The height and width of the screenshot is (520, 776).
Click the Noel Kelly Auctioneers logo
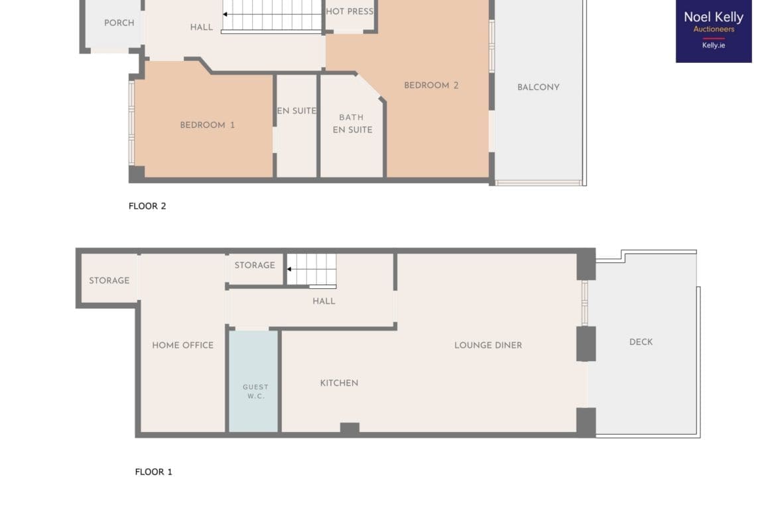tap(714, 30)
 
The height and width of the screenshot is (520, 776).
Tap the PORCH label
tap(119, 23)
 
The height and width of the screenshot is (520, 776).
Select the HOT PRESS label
tap(350, 11)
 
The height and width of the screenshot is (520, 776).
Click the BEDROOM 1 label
tap(208, 125)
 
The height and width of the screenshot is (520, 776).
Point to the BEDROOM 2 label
tap(431, 85)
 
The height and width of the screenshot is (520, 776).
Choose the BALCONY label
tap(539, 87)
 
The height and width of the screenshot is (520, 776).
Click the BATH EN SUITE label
tap(352, 124)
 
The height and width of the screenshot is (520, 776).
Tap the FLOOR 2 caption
tap(147, 206)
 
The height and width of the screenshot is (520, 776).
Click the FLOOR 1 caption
tap(153, 472)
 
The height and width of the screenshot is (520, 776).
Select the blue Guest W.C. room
tap(253, 381)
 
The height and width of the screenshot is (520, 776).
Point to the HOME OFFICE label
tap(182, 345)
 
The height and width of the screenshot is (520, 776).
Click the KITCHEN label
tap(339, 383)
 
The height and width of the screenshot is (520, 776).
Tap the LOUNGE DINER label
tap(488, 345)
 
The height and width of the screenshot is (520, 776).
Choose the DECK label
tap(641, 342)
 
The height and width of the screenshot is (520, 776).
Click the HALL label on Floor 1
tap(324, 301)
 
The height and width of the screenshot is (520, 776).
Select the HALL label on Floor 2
tap(202, 27)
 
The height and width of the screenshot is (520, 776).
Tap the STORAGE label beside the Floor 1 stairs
tap(255, 266)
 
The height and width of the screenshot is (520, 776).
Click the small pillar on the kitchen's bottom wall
tap(350, 429)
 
